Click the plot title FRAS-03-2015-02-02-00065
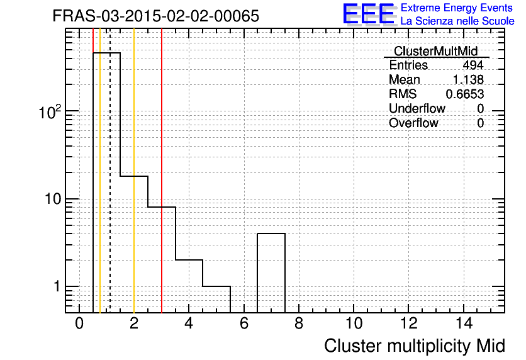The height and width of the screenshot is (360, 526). (x=156, y=16)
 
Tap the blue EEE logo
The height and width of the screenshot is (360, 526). (x=369, y=14)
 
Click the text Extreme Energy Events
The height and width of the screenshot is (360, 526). (x=457, y=8)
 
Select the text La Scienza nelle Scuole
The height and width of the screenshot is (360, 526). (x=457, y=21)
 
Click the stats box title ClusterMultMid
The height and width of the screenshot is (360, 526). (x=436, y=51)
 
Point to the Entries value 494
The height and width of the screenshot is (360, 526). (x=473, y=65)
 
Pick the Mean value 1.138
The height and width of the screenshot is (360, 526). (x=468, y=79)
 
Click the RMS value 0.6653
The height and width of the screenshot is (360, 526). (x=464, y=94)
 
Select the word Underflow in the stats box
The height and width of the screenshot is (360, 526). (x=417, y=108)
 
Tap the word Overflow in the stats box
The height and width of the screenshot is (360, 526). (x=413, y=123)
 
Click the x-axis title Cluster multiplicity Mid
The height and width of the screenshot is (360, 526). (x=414, y=346)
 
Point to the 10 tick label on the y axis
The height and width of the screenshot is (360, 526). (x=53, y=199)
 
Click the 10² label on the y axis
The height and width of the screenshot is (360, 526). (x=50, y=112)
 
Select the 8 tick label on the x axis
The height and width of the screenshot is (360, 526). (x=299, y=323)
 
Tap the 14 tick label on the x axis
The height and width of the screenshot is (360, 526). (x=464, y=323)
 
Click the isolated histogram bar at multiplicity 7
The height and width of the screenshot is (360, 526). (x=271, y=233)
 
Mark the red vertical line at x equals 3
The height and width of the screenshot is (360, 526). (x=162, y=171)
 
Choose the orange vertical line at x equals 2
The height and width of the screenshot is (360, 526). (x=134, y=171)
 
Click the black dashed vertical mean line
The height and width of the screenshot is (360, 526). (x=110, y=171)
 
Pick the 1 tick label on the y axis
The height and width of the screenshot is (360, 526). (x=57, y=286)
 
